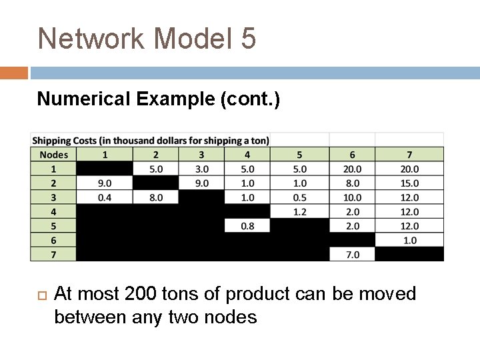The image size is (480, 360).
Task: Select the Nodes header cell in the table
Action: click(54, 155)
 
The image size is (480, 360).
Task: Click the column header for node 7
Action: click(409, 155)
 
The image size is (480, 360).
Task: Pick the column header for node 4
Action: click(247, 155)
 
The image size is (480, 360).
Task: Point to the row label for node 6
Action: click(54, 240)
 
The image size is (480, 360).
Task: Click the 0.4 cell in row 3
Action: click(105, 197)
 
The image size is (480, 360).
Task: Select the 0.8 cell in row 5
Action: click(247, 226)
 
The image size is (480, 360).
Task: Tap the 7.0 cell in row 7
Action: click(352, 254)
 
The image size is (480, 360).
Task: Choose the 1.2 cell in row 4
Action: click(299, 211)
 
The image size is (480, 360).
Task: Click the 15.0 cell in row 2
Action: click(409, 183)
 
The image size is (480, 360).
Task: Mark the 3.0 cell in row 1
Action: click(202, 169)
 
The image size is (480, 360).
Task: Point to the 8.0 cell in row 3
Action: click(156, 197)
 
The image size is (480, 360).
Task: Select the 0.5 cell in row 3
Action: click(299, 197)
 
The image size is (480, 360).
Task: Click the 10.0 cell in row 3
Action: click(352, 197)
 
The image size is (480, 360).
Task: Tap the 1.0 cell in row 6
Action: click(409, 240)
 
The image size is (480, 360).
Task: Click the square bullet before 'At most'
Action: click(40, 294)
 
